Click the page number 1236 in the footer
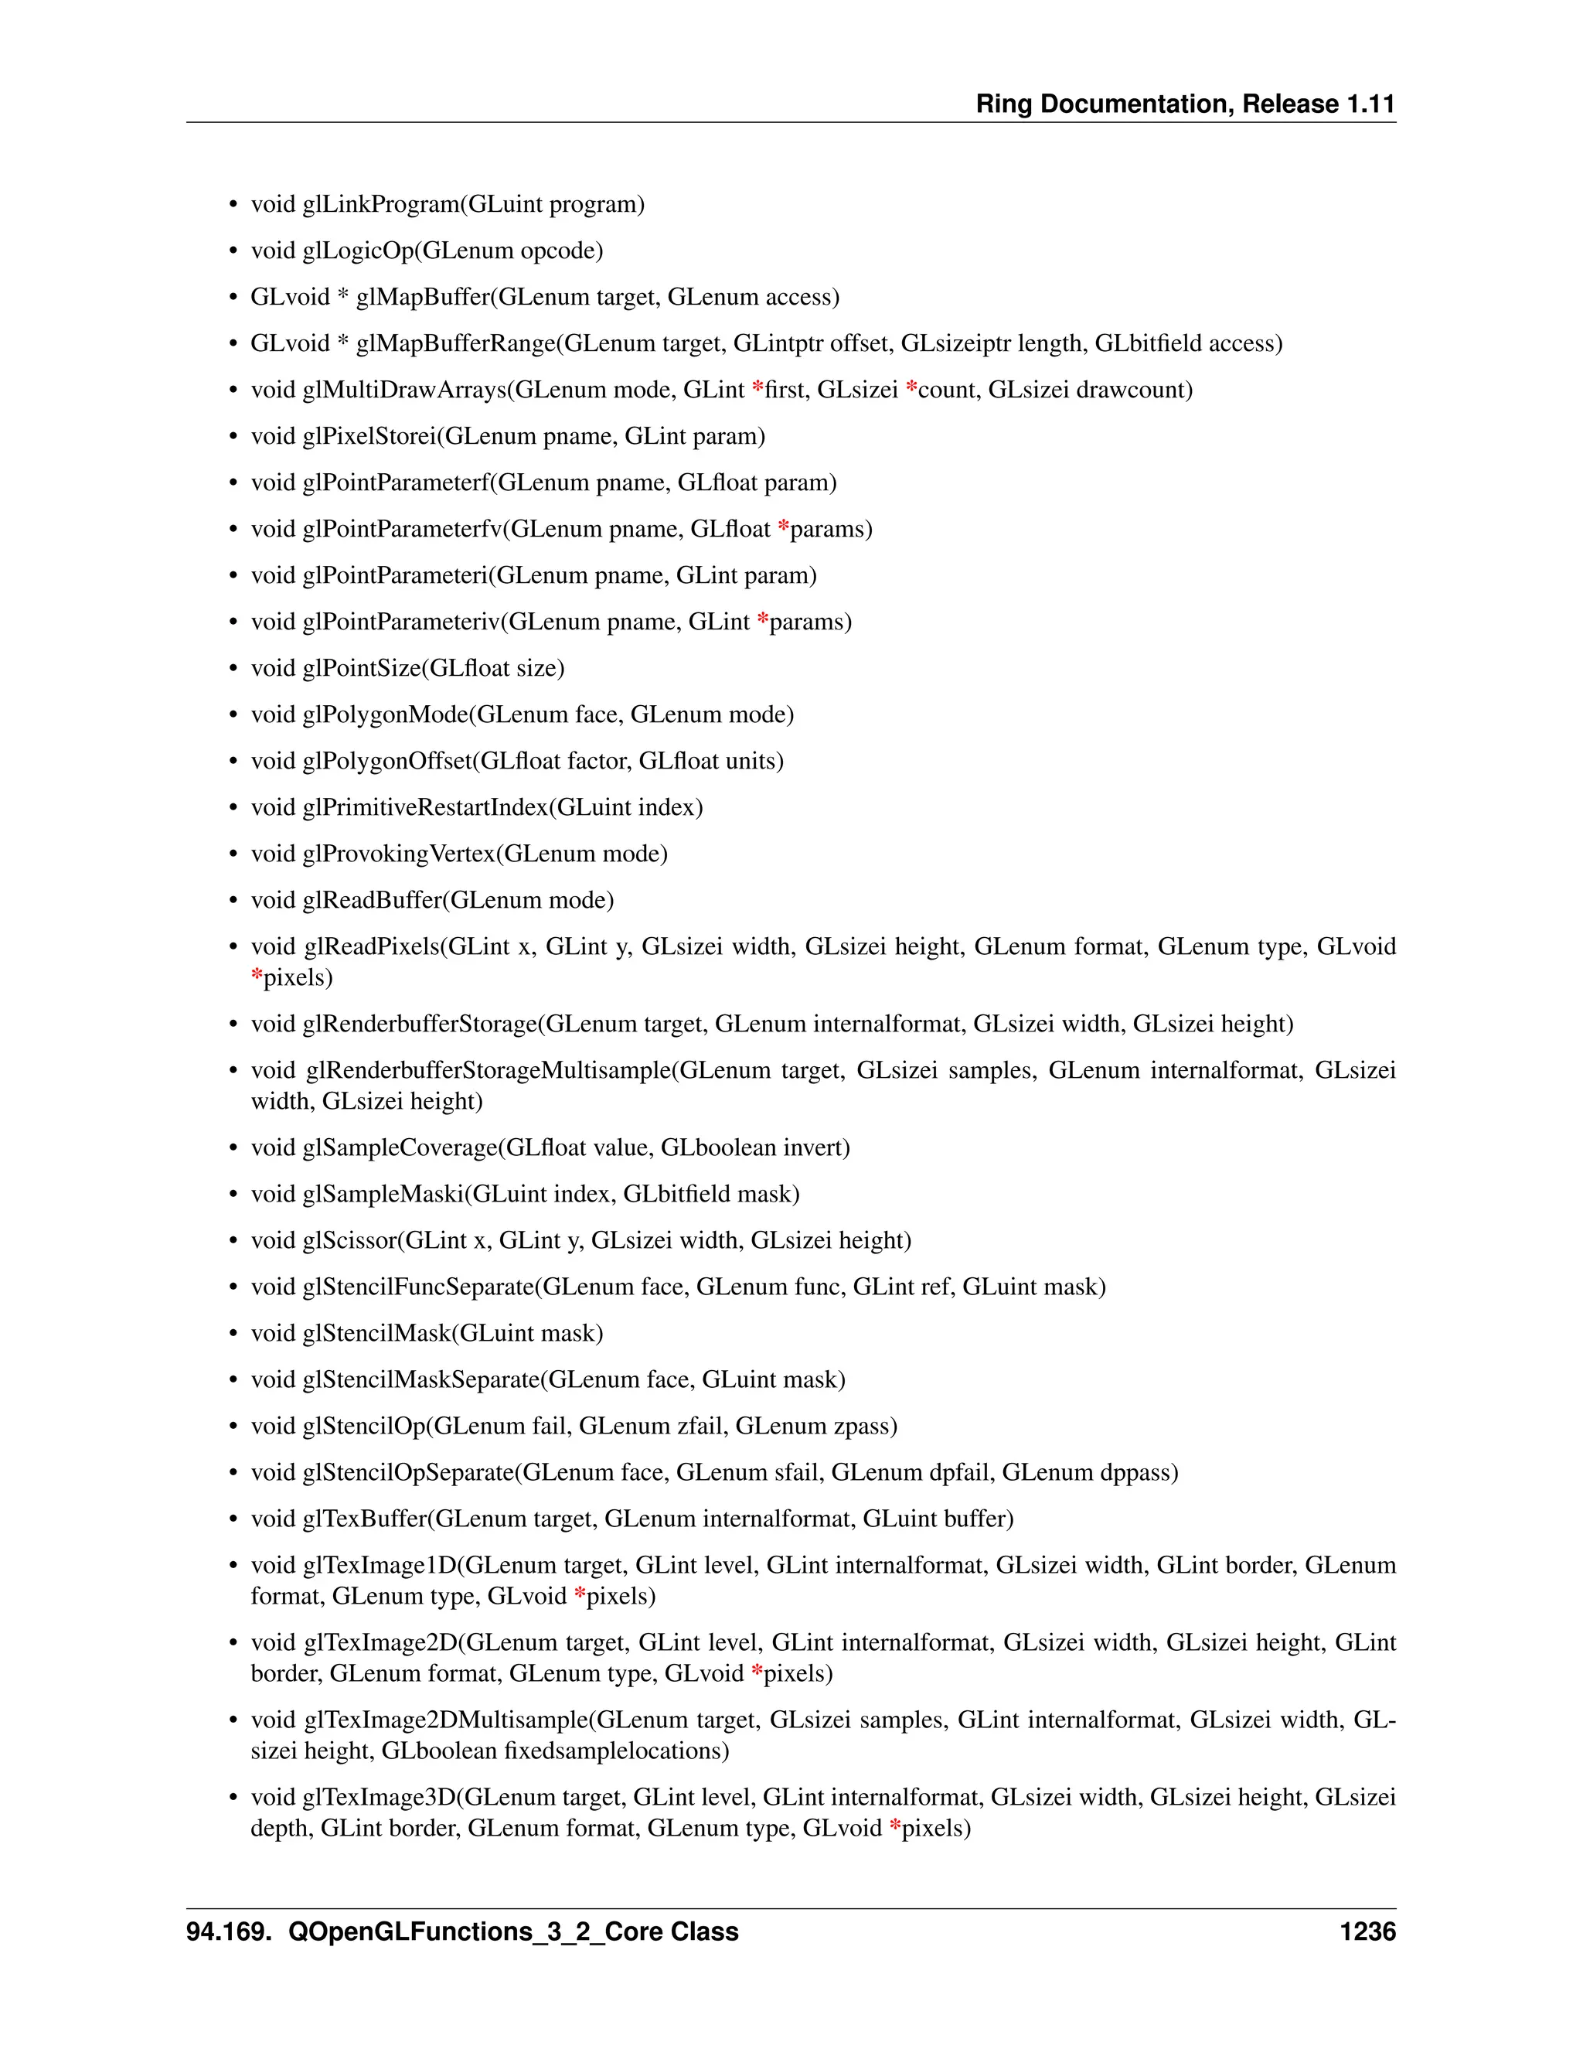pos(1367,1931)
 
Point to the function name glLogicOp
pos(358,251)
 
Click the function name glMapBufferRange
pos(456,343)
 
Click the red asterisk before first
pos(757,388)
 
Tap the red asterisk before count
pos(911,388)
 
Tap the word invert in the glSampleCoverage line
pos(813,1147)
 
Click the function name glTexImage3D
pos(379,1798)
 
